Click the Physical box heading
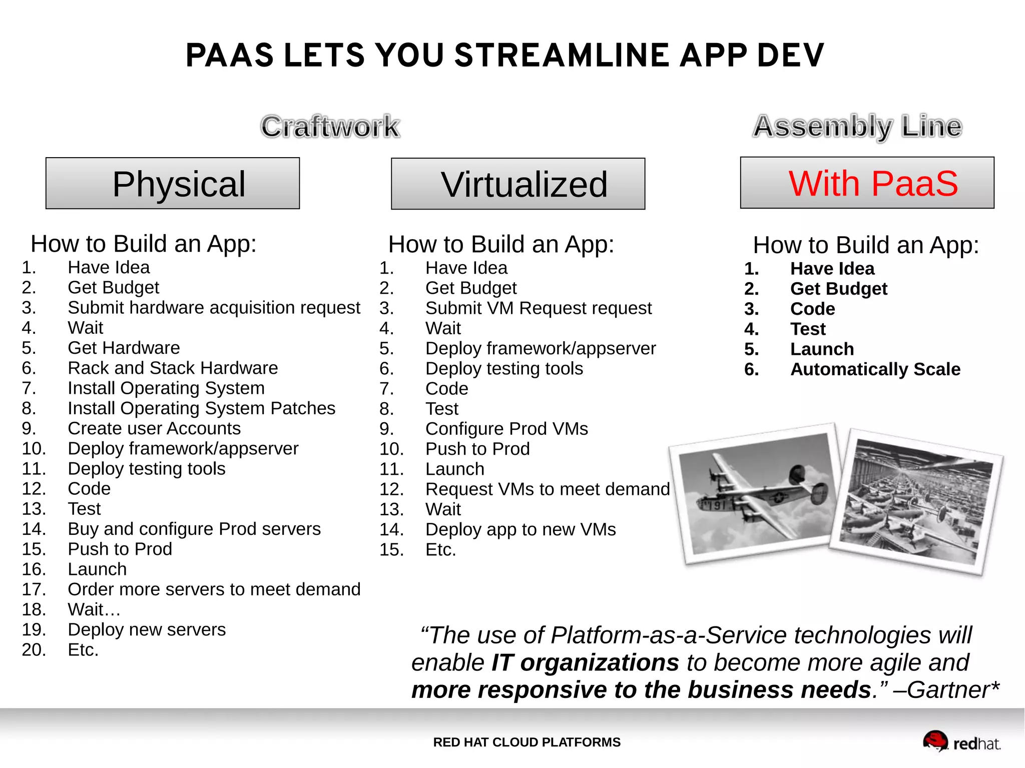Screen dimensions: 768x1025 [173, 184]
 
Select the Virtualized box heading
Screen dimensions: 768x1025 [518, 184]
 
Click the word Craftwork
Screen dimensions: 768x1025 [330, 127]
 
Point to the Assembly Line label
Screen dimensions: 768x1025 [857, 126]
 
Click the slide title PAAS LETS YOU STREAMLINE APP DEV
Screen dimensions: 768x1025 [504, 55]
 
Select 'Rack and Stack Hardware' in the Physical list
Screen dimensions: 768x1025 [173, 368]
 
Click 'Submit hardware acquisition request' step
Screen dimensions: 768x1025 [214, 308]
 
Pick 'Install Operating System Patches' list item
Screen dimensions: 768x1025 [201, 408]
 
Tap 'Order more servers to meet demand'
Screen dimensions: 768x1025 [214, 589]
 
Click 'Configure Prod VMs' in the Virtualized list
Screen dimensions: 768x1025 [506, 429]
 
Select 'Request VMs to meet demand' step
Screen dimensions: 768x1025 [547, 489]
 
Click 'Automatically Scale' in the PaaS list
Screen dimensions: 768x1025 [875, 369]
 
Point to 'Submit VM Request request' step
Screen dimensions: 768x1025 [538, 308]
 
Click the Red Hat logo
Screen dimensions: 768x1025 [961, 742]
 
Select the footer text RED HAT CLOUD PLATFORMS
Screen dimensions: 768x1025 [527, 742]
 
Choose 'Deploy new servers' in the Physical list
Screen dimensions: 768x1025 [147, 630]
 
